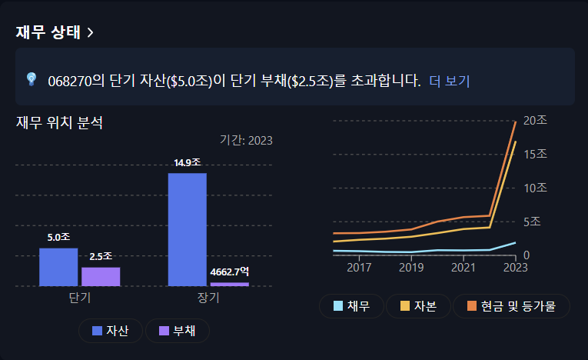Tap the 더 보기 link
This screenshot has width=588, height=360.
[x=449, y=80]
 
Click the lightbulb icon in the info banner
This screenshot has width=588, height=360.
[x=32, y=79]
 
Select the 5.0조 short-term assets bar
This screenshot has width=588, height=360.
[x=58, y=266]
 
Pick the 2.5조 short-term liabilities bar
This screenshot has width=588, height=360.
[x=101, y=276]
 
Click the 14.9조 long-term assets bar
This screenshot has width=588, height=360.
[x=187, y=229]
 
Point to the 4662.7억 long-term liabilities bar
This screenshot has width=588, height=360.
[x=229, y=284]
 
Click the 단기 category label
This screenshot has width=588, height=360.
[x=79, y=298]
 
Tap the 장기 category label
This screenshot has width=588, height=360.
[x=208, y=298]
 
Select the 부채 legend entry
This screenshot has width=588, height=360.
[x=177, y=331]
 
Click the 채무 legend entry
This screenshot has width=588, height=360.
[x=351, y=306]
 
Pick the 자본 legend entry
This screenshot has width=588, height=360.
[x=417, y=306]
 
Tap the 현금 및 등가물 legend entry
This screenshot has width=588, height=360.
[x=511, y=306]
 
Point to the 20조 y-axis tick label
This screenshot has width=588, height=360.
[x=535, y=121]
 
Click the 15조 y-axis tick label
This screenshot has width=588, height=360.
[x=535, y=155]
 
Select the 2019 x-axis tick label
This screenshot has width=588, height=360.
[x=411, y=268]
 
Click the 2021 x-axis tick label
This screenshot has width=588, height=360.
[x=463, y=268]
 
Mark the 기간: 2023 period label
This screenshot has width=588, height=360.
[x=246, y=140]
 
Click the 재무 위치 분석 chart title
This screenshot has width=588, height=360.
[x=59, y=122]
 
